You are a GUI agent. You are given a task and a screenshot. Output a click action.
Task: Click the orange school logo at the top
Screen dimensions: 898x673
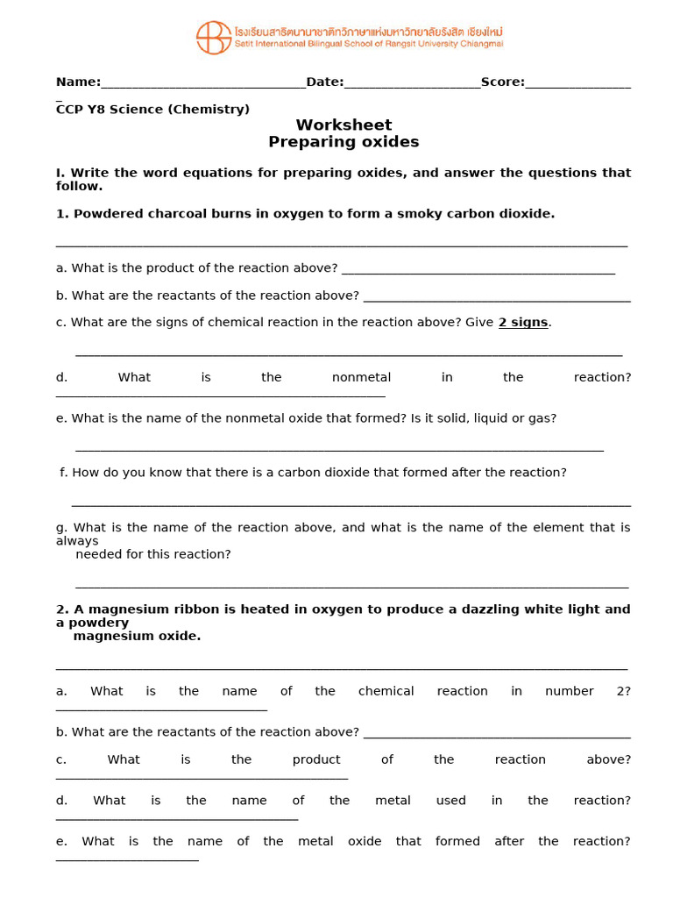[x=214, y=38]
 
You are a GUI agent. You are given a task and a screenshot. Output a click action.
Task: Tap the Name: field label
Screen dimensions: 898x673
[x=78, y=82]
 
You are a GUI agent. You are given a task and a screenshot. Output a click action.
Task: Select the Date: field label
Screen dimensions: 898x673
[x=324, y=82]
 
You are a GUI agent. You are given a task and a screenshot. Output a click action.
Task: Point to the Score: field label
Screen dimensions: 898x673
[x=502, y=82]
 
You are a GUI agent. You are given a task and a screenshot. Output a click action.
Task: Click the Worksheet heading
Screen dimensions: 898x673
[x=344, y=125]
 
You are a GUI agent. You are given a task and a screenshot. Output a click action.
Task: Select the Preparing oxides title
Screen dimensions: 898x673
[x=344, y=142]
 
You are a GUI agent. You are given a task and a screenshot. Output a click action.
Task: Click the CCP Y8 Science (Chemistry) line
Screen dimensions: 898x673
[x=152, y=109]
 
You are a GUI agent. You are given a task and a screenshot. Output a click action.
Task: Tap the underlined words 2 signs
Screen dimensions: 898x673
[x=523, y=322]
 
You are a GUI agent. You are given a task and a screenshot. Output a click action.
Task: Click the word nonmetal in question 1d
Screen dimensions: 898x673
[x=361, y=377]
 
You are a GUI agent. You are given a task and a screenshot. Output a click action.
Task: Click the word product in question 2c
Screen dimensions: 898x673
[x=316, y=759]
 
